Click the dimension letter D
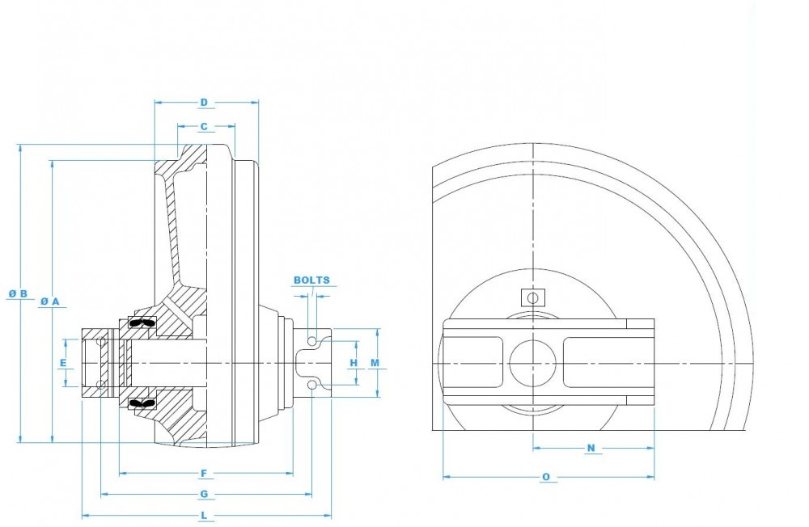[x=204, y=103]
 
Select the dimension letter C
[x=204, y=127]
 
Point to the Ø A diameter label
[x=50, y=301]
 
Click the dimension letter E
[x=63, y=363]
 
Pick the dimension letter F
[x=204, y=473]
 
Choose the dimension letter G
[x=204, y=494]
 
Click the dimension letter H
[x=354, y=363]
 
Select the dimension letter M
[x=375, y=363]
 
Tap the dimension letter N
[x=591, y=448]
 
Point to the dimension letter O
[x=546, y=477]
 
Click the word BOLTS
[x=311, y=280]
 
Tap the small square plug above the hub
[x=532, y=297]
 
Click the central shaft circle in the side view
[x=532, y=365]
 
